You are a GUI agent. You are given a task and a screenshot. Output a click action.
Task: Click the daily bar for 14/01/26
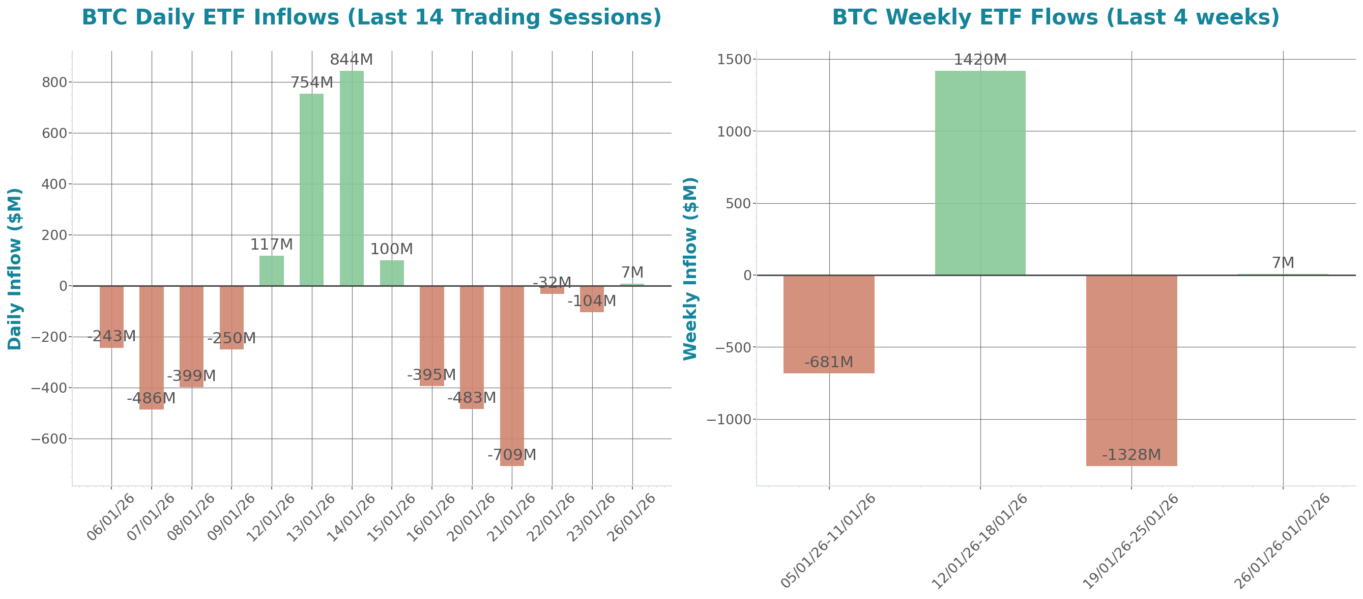352,178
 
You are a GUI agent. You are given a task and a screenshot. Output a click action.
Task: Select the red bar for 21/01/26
512,376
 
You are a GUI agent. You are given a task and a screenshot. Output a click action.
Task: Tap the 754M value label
312,83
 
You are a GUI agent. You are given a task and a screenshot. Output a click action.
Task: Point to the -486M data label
151,398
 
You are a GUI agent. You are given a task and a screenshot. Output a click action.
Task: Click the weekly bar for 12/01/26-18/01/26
980,173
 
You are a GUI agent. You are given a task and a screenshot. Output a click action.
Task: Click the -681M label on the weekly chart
829,362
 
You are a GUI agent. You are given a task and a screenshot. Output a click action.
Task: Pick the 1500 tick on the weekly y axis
734,59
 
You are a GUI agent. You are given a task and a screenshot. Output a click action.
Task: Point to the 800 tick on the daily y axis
54,82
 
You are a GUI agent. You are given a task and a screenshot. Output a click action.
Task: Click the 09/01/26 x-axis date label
230,518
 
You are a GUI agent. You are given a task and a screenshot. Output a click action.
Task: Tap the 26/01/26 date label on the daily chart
631,518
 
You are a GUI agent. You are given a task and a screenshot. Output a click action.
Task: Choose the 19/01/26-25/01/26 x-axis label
1130,541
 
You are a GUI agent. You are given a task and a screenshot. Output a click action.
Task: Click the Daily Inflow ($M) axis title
15,269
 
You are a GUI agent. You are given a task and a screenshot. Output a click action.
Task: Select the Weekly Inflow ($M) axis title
690,269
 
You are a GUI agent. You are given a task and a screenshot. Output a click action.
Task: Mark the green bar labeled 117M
272,270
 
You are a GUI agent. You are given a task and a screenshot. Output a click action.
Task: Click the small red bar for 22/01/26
552,290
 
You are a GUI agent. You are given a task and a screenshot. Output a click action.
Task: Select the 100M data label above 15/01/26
391,249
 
